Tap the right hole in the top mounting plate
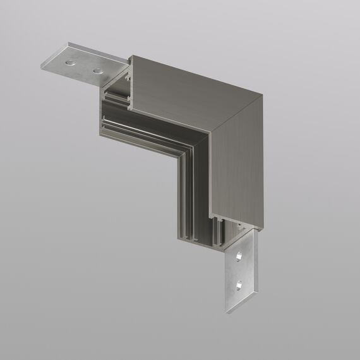97,71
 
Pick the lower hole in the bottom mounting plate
239,287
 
